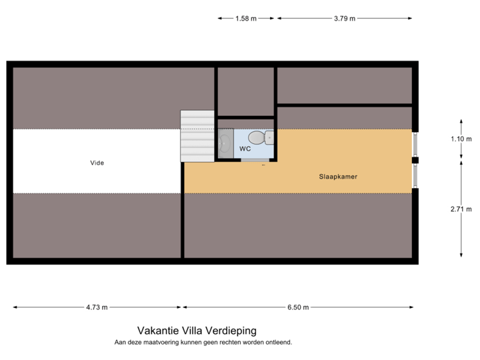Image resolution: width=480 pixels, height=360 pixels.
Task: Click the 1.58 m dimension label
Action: click(x=245, y=19)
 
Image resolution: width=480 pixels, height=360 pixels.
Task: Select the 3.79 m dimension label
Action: click(x=344, y=19)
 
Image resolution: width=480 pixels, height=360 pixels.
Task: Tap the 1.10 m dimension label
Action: click(x=461, y=139)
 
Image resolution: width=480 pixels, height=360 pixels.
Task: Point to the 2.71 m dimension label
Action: click(x=461, y=209)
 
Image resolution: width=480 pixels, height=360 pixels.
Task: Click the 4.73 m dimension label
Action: click(x=97, y=307)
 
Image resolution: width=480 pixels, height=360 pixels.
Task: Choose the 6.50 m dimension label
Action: click(x=298, y=307)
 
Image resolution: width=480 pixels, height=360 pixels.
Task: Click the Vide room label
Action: click(x=97, y=163)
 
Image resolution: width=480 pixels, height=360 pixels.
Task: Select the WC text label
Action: click(x=245, y=148)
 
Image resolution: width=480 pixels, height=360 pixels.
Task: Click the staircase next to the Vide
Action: click(x=197, y=136)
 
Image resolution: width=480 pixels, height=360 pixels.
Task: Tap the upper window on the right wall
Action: click(x=415, y=143)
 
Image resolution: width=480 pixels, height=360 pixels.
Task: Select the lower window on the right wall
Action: click(x=415, y=176)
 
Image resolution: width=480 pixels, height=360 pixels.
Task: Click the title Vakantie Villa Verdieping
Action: click(x=197, y=330)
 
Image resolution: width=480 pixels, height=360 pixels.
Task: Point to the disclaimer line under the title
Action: click(x=203, y=342)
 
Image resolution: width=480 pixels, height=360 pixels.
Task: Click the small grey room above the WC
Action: click(x=245, y=91)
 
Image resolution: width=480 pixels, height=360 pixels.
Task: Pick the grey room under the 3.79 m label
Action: click(x=344, y=85)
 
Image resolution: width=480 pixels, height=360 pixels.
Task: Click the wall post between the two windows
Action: click(x=415, y=160)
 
